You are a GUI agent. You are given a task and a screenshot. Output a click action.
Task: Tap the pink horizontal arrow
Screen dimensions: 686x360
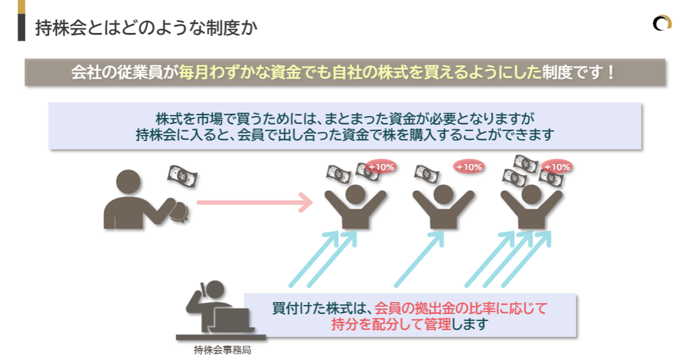point(255,202)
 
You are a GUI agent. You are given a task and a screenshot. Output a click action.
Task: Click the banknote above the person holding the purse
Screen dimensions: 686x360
point(182,176)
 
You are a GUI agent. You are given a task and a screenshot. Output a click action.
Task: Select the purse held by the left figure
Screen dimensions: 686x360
point(179,211)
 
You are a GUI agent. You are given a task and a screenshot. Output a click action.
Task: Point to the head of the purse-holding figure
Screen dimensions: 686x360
point(128,182)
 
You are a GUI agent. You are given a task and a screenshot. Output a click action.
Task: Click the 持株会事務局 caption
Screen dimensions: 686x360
point(222,350)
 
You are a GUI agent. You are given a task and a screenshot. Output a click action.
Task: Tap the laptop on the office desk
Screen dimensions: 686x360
point(232,320)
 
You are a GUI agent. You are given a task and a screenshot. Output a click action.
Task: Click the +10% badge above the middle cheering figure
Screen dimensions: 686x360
point(469,167)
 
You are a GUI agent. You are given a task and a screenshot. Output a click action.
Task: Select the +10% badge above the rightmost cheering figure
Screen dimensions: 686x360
point(557,167)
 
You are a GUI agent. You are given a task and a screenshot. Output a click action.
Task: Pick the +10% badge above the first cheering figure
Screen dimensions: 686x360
point(381,167)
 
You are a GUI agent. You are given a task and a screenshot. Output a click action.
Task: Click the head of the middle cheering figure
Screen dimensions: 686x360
point(443,195)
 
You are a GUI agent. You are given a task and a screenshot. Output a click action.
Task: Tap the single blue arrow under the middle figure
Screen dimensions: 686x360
point(419,259)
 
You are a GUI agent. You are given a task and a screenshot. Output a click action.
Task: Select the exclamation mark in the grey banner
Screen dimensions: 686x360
point(610,72)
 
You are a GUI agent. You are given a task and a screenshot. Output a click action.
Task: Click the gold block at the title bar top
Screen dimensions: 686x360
point(21,7)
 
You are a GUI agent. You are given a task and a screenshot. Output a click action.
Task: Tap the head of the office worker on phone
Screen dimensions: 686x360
point(215,290)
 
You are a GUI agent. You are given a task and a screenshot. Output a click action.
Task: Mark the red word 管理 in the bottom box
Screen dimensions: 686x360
point(438,324)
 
